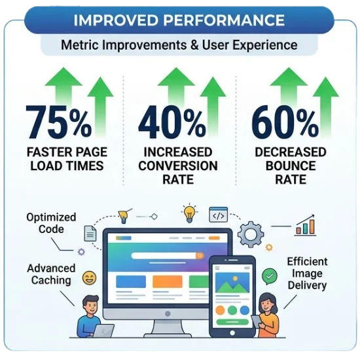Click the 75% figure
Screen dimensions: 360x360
59,123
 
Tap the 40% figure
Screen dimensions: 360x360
172,123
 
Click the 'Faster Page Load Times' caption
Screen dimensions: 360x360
66,159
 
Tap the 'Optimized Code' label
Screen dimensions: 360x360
51,223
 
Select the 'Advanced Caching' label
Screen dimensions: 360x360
51,274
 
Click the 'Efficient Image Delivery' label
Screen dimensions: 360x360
307,273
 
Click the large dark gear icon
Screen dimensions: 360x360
251,233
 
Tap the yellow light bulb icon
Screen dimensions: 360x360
190,213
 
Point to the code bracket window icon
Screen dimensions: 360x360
219,214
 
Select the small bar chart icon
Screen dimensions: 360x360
305,226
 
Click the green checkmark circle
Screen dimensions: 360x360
269,276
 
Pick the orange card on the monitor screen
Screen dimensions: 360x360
168,281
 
